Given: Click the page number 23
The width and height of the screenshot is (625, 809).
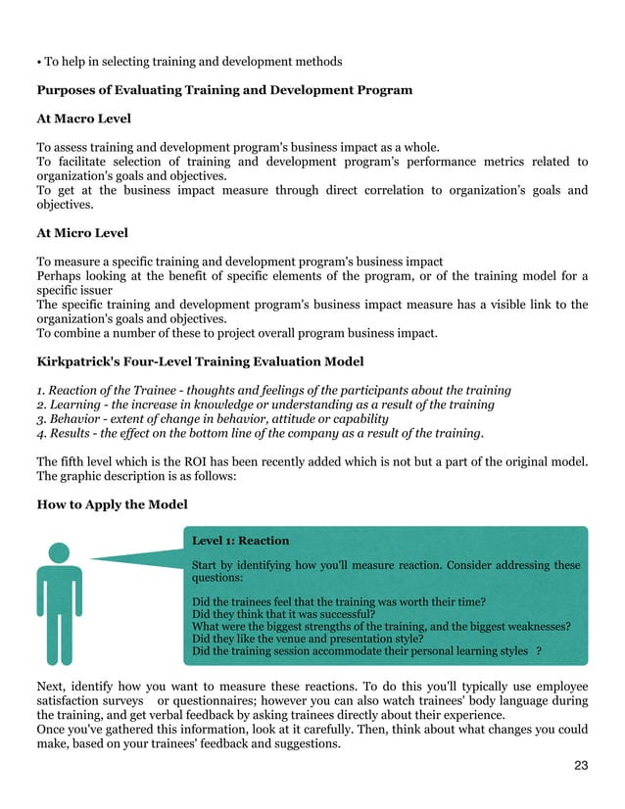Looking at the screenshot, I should (581, 765).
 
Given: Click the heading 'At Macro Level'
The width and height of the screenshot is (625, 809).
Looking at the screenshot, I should (83, 119).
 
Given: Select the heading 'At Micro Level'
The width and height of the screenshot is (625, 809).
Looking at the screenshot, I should (82, 233).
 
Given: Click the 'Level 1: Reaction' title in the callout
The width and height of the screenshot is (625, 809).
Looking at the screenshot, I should (240, 540).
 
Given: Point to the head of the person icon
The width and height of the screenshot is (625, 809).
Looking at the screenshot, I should (60, 553).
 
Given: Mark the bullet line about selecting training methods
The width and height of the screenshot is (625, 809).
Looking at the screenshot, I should (189, 62).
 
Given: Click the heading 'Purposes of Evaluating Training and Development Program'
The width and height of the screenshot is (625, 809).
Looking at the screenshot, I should (224, 90).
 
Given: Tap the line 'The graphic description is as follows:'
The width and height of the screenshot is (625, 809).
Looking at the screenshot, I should (136, 477).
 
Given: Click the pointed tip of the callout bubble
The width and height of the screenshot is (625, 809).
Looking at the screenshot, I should (90, 560).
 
